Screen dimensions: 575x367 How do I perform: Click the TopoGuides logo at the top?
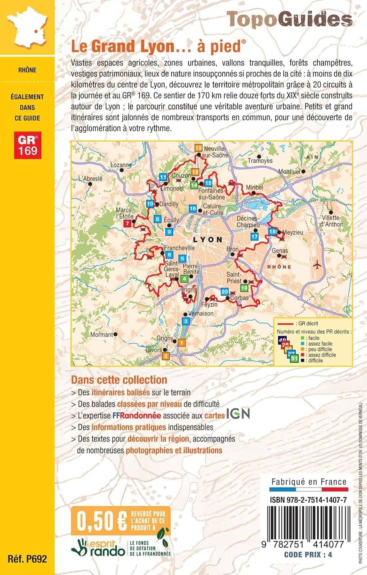289,19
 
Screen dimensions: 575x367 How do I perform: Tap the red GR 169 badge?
28,145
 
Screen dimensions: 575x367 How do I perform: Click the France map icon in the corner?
27,27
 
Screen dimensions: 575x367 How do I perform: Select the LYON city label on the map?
207,240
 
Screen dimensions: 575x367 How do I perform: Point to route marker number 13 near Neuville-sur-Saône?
198,148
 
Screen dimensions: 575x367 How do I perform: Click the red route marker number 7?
127,223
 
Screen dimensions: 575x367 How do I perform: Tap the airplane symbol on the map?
317,264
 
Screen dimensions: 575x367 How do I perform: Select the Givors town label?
153,350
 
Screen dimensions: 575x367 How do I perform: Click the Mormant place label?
101,335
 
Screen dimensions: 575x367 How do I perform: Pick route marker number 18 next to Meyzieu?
272,232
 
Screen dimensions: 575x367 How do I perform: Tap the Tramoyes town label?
260,161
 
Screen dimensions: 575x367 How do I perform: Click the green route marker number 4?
184,279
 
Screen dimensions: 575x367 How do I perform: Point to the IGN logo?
238,414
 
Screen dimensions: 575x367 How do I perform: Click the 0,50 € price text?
102,521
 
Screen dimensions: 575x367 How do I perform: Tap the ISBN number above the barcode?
308,500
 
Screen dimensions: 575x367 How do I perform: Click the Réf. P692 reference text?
27,559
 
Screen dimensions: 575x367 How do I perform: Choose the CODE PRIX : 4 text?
308,554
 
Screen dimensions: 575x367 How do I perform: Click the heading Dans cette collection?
119,380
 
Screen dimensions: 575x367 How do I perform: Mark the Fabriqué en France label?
309,482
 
